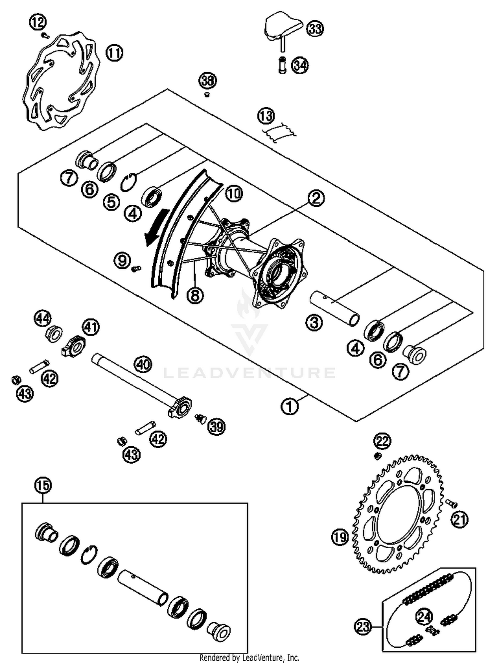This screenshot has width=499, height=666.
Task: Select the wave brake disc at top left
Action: click(x=62, y=82)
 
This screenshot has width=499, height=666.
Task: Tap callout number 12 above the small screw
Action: click(x=38, y=23)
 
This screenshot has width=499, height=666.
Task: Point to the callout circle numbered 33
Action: click(x=315, y=28)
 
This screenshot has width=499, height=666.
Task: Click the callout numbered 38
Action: click(x=208, y=81)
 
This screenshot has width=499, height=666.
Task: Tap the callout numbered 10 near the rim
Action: click(x=234, y=193)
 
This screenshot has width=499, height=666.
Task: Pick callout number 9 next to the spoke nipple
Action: click(x=122, y=260)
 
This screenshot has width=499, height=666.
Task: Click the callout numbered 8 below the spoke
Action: click(x=195, y=295)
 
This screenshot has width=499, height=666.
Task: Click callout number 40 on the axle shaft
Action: click(x=143, y=364)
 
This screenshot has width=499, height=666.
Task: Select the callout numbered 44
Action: click(x=43, y=319)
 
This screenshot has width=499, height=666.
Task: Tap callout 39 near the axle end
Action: click(x=217, y=426)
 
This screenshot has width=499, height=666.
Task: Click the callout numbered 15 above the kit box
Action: click(x=43, y=486)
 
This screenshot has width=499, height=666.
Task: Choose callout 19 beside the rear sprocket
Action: click(x=340, y=537)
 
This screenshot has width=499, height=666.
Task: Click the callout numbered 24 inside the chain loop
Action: click(x=424, y=617)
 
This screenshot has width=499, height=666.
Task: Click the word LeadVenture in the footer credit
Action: click(x=262, y=658)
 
